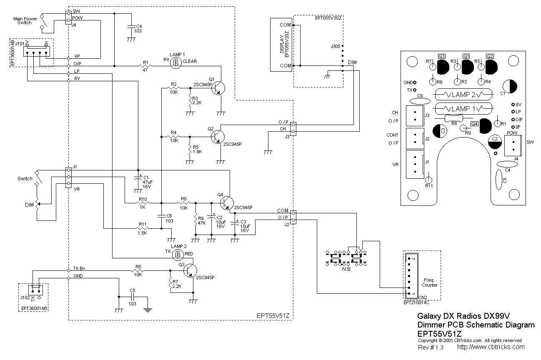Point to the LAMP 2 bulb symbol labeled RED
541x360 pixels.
click(x=177, y=254)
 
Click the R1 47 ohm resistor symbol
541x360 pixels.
click(x=145, y=66)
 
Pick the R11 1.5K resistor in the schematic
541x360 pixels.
click(x=143, y=228)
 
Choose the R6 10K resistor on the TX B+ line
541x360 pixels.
click(x=138, y=270)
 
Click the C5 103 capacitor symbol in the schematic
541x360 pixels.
click(x=132, y=297)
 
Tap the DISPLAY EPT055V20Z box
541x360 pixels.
click(x=282, y=44)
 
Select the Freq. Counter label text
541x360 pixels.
click(x=430, y=282)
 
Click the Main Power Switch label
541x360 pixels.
click(x=25, y=21)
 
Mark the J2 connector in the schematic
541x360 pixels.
click(x=293, y=217)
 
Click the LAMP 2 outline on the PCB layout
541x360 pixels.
click(x=461, y=95)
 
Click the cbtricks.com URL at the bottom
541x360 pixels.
click(x=491, y=347)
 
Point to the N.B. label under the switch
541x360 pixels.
click(x=346, y=270)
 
